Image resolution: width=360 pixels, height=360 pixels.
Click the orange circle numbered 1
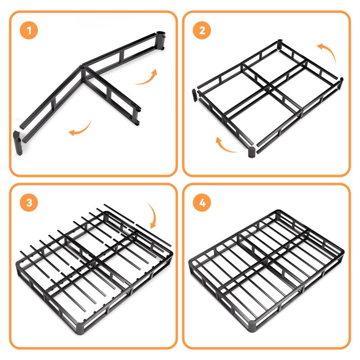click(x=29, y=30)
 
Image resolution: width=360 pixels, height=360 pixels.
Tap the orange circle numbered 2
click(x=202, y=30)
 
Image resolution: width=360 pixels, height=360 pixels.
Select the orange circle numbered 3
click(x=29, y=202)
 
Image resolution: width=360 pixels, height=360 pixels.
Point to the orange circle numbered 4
click(x=202, y=202)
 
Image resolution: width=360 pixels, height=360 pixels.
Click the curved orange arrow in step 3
click(x=153, y=216)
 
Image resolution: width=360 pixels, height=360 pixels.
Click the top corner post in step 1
click(x=161, y=40)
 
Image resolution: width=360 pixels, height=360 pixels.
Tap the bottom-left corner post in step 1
click(x=18, y=143)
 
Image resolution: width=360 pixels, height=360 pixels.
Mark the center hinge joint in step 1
click(x=82, y=73)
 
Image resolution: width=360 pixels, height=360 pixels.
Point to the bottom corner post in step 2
click(x=252, y=152)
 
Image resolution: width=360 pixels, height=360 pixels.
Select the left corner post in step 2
click(x=195, y=95)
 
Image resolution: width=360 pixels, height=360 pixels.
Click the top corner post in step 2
click(x=279, y=44)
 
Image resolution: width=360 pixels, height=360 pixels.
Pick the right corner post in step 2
click(x=341, y=83)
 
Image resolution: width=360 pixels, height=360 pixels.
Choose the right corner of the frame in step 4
click(x=342, y=252)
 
